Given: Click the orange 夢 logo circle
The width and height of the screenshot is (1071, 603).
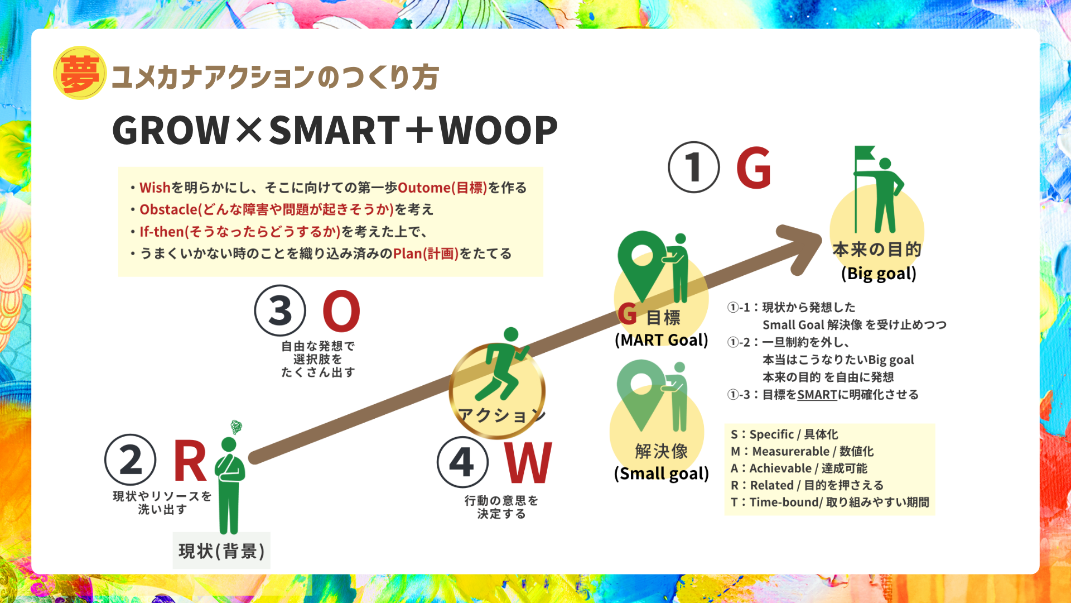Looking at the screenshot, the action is click(80, 73).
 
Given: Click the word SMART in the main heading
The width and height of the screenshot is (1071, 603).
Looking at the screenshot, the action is click(335, 131).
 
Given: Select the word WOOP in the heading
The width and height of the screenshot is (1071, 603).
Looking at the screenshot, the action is click(499, 131).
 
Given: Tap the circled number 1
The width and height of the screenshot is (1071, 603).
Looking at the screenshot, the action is click(694, 167).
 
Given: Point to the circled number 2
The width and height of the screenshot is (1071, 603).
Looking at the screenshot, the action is click(131, 460).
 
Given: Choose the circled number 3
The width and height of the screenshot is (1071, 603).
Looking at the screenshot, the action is click(280, 310).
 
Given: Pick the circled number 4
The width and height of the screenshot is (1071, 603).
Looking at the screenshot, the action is click(462, 462).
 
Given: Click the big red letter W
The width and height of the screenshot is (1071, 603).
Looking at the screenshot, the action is click(528, 462).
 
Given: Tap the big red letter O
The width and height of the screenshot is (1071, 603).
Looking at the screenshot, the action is click(341, 310).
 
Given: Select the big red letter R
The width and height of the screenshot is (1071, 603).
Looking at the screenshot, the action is click(190, 460).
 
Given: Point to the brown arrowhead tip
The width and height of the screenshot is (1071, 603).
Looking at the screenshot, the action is click(822, 237).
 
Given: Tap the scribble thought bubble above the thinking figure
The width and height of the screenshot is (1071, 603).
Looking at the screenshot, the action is click(237, 427).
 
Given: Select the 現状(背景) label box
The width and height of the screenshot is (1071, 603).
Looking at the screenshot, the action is click(221, 551).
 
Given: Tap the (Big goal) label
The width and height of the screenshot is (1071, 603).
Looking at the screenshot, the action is click(879, 274).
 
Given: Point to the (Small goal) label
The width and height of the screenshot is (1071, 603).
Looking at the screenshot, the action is click(662, 473).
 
